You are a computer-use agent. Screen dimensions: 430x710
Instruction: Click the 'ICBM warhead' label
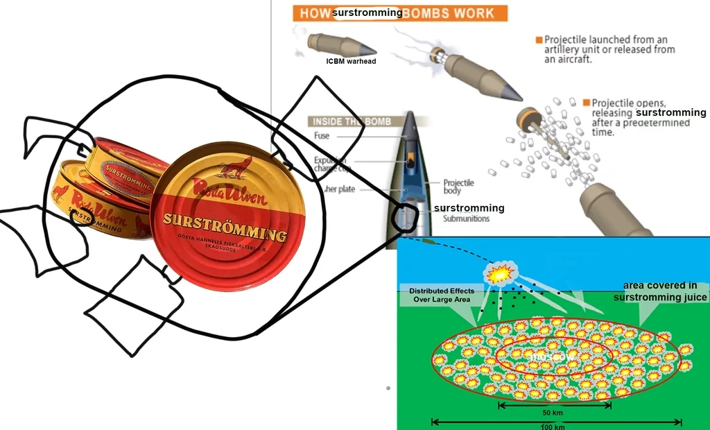click(x=351, y=62)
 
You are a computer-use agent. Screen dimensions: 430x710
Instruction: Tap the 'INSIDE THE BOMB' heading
click(x=352, y=121)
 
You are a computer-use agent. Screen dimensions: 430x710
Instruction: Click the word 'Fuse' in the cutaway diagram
click(x=322, y=136)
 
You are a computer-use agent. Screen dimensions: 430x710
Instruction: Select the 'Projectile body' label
click(x=458, y=187)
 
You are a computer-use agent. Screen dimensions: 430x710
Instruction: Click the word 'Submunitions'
click(x=466, y=218)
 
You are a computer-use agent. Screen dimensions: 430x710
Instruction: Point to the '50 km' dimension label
click(x=553, y=413)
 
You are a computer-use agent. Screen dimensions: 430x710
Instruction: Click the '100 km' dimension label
click(x=553, y=426)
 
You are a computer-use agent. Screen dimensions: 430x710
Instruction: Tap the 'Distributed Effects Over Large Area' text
click(x=442, y=295)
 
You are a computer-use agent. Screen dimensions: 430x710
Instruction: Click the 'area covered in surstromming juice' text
click(x=660, y=291)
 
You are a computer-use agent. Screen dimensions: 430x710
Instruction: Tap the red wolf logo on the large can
click(x=236, y=169)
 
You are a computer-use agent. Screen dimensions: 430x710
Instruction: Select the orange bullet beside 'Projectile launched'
click(x=538, y=40)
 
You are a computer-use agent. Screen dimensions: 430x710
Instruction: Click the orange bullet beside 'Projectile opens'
click(x=586, y=103)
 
